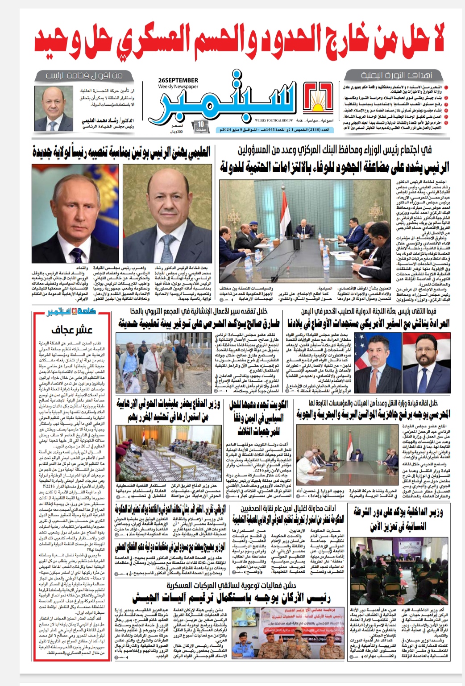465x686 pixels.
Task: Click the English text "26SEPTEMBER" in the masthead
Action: pyautogui.click(x=178, y=80)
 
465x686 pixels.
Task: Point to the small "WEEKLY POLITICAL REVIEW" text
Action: pyautogui.click(x=274, y=120)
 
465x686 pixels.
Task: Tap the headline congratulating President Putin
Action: pyautogui.click(x=121, y=153)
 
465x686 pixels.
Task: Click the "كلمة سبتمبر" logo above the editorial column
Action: pyautogui.click(x=72, y=311)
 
